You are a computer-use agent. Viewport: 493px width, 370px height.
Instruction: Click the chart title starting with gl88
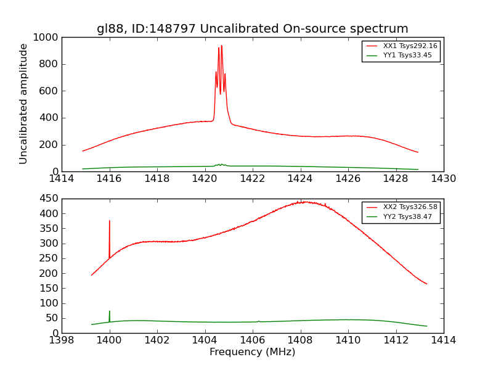point(252,29)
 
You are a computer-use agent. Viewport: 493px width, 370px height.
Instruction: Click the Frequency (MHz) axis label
point(252,352)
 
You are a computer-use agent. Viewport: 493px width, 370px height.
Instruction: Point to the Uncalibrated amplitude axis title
point(24,104)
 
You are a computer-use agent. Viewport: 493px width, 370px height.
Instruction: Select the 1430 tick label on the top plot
point(443,179)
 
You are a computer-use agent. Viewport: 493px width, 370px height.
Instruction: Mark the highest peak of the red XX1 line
point(221,45)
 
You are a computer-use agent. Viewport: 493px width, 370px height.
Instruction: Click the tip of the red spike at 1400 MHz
point(110,221)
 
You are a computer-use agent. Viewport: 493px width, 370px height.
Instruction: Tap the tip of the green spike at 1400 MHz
point(110,311)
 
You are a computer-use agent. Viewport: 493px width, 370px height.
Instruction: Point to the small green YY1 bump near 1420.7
point(220,164)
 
